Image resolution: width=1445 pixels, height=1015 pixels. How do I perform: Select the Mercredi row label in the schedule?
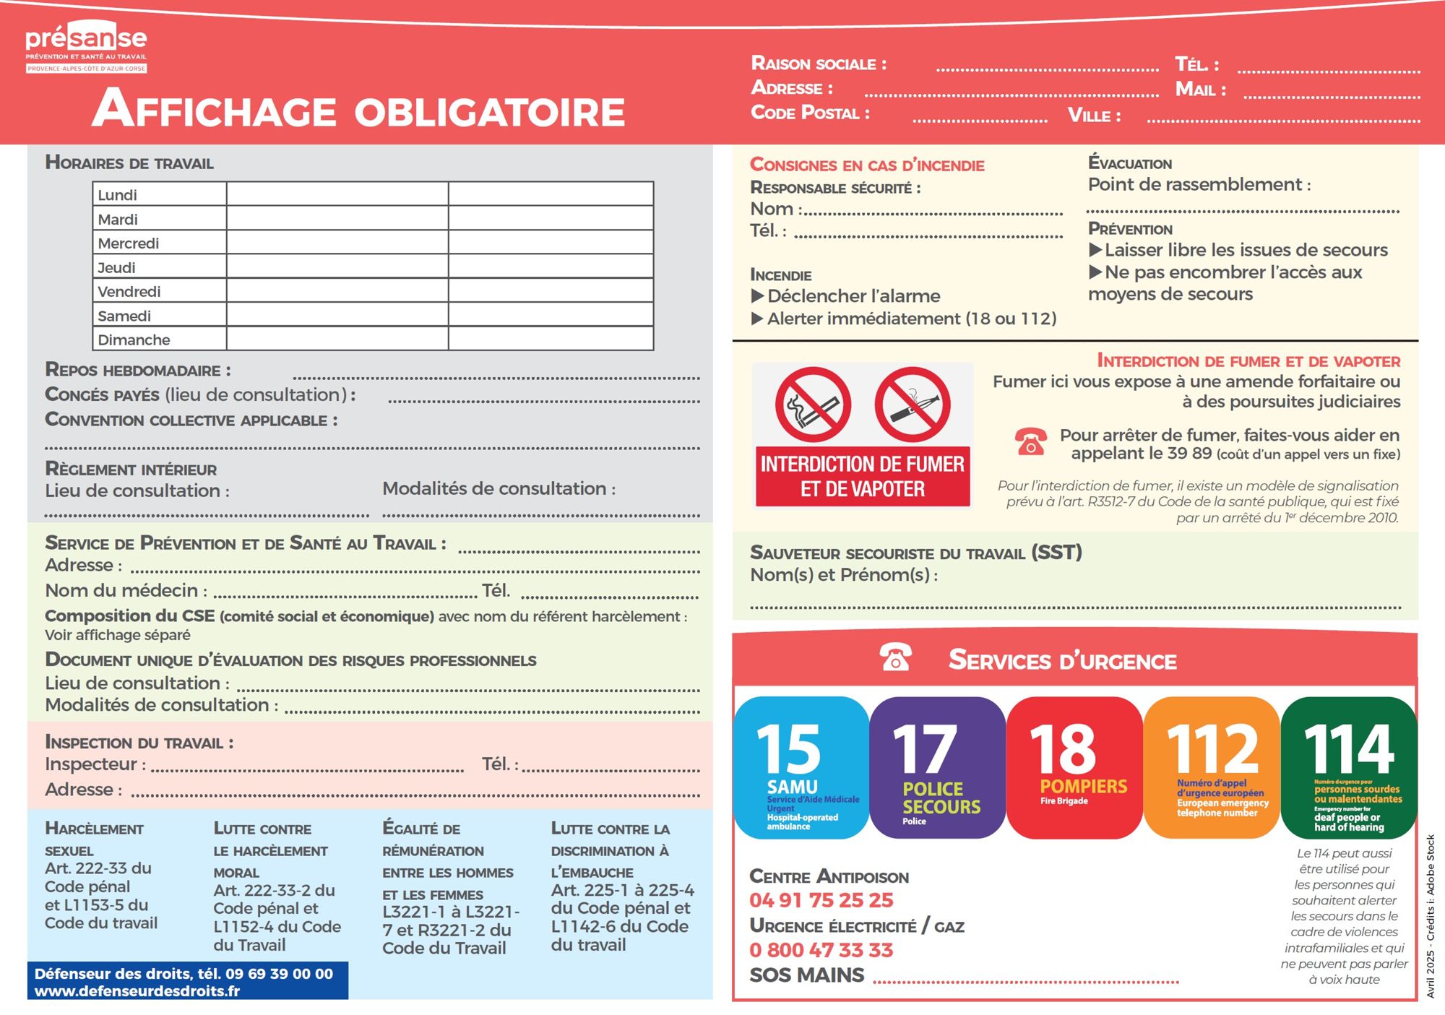click(x=129, y=243)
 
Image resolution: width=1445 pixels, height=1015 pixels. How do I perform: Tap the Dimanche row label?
click(x=134, y=340)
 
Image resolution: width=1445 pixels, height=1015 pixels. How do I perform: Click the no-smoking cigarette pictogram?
click(x=813, y=405)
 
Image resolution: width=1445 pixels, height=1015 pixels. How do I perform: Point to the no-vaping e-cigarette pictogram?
click(x=912, y=405)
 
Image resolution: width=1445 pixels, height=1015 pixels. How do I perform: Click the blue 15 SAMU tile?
click(x=801, y=767)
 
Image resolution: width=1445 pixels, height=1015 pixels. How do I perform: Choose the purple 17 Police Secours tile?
click(x=937, y=767)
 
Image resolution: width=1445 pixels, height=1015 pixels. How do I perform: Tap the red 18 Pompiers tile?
click(x=1074, y=767)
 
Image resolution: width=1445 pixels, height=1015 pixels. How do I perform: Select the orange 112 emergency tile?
click(x=1212, y=767)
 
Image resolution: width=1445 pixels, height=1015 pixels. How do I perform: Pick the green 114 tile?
click(x=1349, y=767)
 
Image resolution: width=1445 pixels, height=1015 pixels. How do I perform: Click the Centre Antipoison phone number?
click(x=821, y=900)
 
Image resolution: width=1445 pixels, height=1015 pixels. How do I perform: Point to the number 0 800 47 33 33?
click(x=821, y=950)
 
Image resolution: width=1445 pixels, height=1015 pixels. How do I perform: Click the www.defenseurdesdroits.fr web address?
click(x=137, y=991)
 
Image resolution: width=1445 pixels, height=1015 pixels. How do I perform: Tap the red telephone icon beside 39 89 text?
click(x=1031, y=441)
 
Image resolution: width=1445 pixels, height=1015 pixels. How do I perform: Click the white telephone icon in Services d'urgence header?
click(x=895, y=657)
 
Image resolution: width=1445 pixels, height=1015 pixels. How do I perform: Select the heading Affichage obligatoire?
click(x=359, y=110)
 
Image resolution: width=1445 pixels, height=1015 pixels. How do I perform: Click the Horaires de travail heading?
click(x=129, y=163)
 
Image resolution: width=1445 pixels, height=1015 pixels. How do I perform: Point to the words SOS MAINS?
click(x=807, y=975)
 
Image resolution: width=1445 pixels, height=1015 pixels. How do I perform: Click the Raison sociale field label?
click(x=819, y=64)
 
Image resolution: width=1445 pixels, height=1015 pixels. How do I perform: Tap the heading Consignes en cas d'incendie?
click(x=867, y=165)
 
